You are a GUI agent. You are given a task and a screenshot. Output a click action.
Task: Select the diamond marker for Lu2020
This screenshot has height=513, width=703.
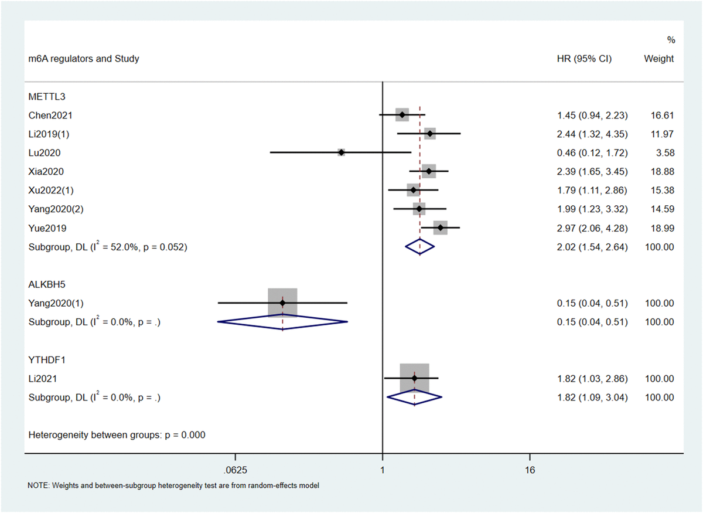point(341,152)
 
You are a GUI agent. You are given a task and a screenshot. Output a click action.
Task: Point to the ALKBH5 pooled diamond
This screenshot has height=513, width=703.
point(282,321)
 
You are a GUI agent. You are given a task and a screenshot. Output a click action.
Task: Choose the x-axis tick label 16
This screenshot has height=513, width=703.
point(530,470)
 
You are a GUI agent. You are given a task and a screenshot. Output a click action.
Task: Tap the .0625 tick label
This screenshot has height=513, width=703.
point(235,470)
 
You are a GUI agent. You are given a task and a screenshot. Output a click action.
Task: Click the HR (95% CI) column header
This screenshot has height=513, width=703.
point(583,59)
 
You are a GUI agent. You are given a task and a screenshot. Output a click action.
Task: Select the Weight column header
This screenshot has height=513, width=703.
point(658,59)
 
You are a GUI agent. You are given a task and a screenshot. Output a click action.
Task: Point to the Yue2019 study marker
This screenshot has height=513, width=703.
point(441,227)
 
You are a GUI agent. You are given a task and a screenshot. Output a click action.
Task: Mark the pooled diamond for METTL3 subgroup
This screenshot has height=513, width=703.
point(420,247)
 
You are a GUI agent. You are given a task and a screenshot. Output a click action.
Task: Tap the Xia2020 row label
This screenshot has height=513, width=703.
point(46,172)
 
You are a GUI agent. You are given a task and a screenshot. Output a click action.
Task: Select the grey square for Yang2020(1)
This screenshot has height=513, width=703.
point(282,303)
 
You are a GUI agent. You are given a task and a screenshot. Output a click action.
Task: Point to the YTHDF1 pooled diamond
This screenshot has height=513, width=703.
point(414,397)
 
